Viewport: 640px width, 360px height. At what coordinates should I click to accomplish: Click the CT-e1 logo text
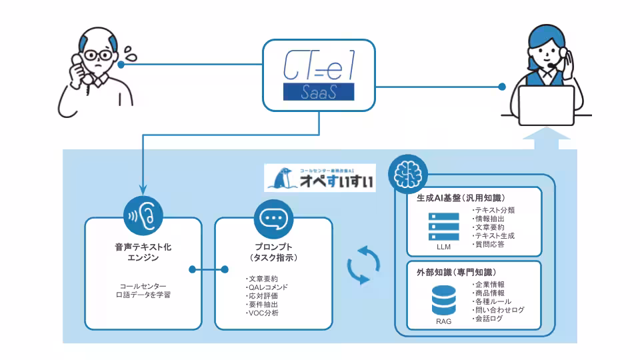(x=318, y=66)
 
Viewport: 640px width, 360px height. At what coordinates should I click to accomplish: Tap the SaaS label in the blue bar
(x=318, y=93)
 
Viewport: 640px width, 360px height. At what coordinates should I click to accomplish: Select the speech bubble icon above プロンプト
(x=273, y=217)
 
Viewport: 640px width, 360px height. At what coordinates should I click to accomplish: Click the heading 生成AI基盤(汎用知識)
(x=456, y=198)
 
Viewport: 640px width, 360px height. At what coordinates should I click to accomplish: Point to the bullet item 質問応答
(x=491, y=245)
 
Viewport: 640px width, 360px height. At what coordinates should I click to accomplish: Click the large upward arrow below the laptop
(x=547, y=138)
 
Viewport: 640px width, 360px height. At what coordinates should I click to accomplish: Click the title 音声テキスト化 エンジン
(x=143, y=253)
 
